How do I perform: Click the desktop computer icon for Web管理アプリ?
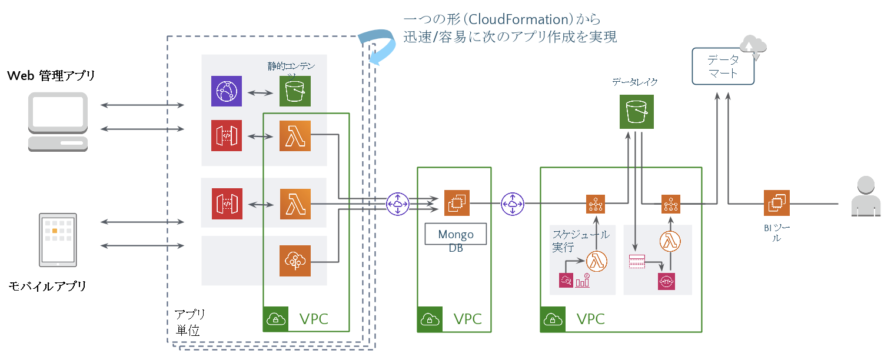58,121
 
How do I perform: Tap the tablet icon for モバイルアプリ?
58,239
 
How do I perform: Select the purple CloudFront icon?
227,91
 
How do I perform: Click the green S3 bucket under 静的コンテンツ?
295,91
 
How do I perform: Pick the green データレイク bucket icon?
637,112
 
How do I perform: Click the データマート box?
723,66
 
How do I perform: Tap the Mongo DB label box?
456,234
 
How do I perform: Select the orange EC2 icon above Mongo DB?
456,203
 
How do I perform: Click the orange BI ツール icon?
776,203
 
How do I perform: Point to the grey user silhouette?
866,196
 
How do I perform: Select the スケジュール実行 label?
580,241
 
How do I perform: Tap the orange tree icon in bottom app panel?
295,261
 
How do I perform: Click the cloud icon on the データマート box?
753,46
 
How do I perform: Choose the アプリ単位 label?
189,322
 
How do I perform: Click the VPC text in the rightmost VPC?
590,319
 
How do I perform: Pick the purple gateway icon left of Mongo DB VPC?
397,204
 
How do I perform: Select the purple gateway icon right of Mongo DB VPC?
512,204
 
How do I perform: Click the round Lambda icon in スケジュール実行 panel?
596,261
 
